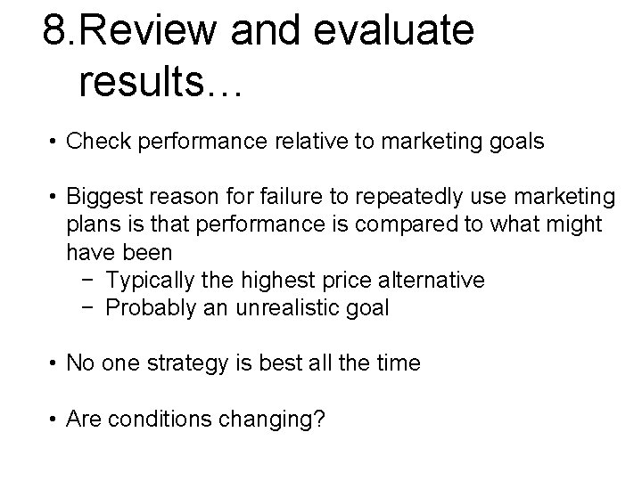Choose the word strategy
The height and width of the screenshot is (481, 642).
[182, 364]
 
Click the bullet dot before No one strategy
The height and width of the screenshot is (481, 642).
[55, 364]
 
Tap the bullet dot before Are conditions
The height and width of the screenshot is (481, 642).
[55, 420]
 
